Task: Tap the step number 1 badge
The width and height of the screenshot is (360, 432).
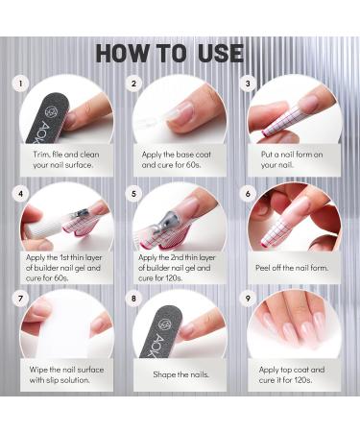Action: tap(18, 84)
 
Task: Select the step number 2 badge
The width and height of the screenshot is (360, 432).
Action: tap(134, 84)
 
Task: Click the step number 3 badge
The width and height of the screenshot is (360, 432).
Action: tap(249, 84)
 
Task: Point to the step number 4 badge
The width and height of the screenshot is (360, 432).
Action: tap(18, 193)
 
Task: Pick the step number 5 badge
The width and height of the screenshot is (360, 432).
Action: tap(134, 193)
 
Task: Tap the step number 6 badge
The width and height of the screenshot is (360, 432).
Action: tap(249, 193)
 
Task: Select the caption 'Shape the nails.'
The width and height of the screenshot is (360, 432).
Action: tap(180, 373)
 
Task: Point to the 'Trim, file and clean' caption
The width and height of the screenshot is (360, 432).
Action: tap(64, 157)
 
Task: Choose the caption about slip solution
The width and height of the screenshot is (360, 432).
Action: tap(64, 374)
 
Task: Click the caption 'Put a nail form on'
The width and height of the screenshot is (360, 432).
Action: tap(294, 157)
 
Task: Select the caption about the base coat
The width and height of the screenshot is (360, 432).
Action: tap(179, 157)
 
